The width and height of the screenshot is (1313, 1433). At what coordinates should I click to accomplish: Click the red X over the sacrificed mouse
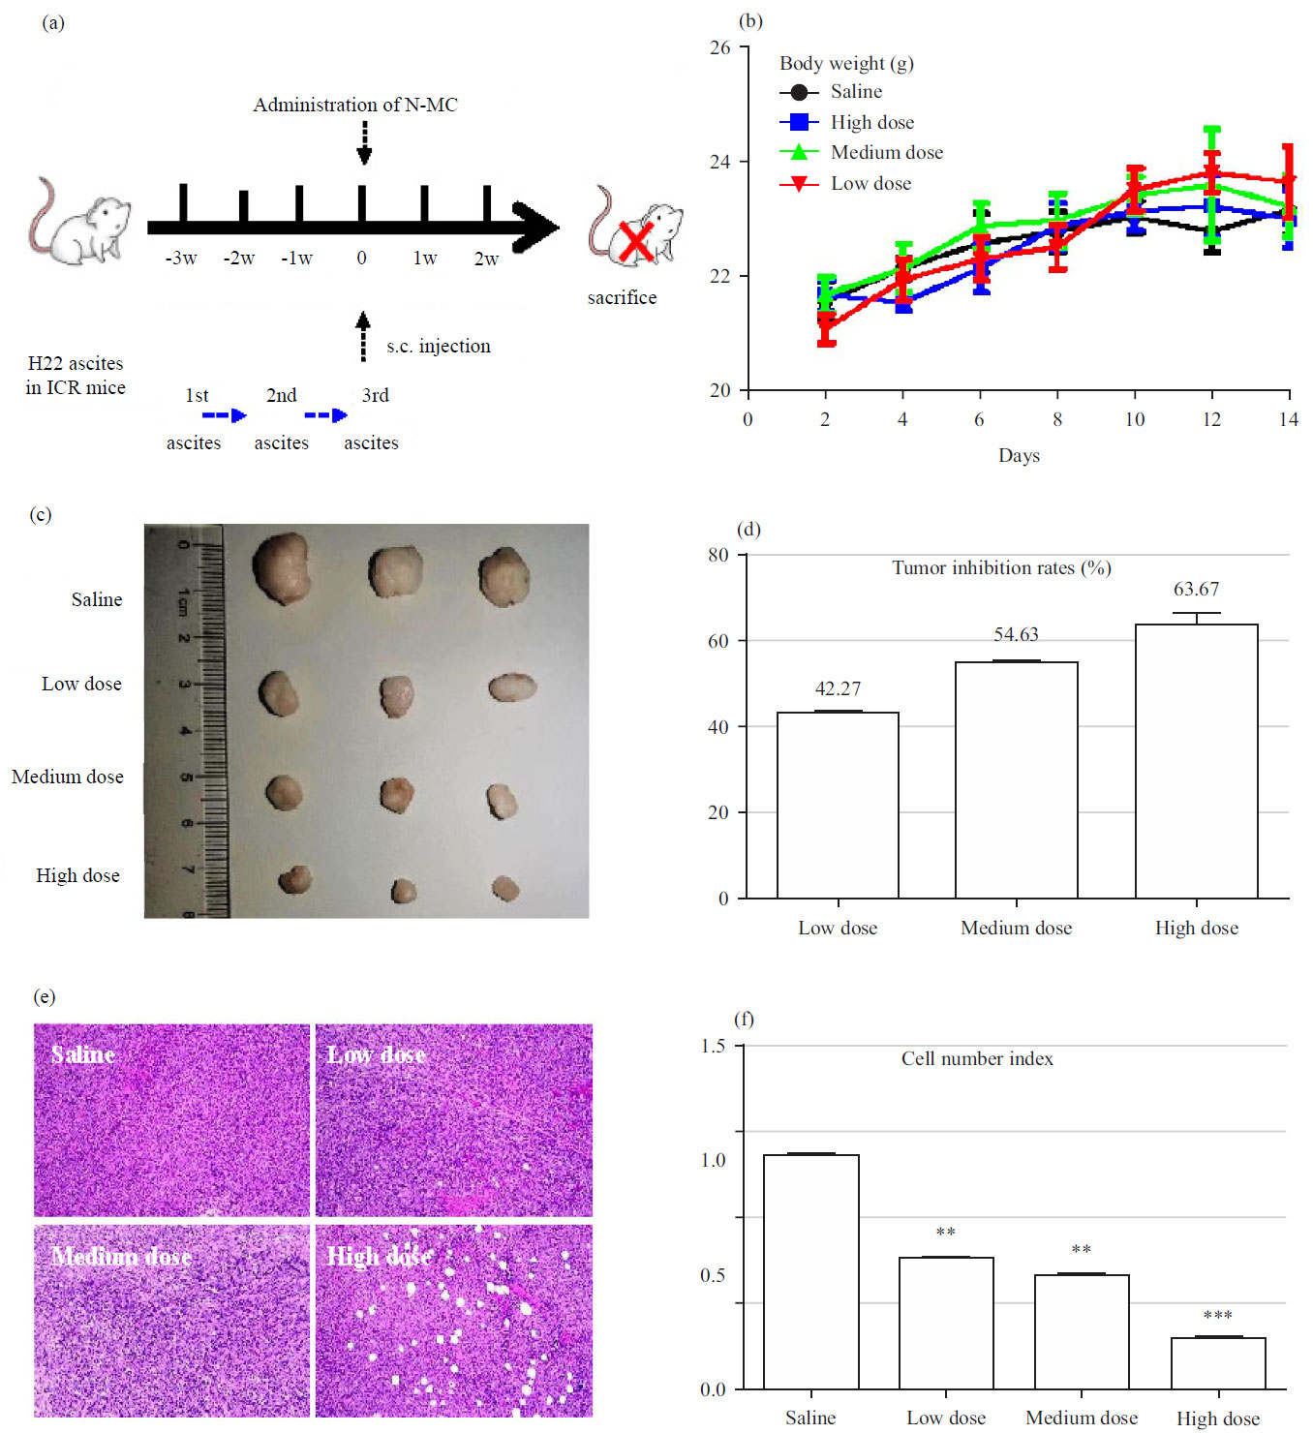(x=635, y=241)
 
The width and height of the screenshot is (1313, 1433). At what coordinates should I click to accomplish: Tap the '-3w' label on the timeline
(x=181, y=259)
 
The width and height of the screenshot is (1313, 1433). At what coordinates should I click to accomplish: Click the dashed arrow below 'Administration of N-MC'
(x=364, y=143)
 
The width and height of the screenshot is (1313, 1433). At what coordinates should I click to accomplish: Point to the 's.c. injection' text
(x=438, y=346)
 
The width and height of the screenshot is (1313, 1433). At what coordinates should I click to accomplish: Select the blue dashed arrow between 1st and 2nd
(x=225, y=415)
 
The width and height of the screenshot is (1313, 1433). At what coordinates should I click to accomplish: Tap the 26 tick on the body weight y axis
(x=719, y=47)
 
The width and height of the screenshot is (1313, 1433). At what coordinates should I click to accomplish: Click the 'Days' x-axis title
(x=1019, y=455)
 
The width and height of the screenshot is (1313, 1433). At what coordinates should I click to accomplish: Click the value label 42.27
(x=838, y=688)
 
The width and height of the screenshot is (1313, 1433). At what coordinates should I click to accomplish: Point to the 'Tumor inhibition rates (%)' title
(x=1001, y=568)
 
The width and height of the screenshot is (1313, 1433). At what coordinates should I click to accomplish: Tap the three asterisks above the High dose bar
(x=1217, y=1316)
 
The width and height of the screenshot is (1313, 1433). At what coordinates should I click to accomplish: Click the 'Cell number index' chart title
(x=977, y=1058)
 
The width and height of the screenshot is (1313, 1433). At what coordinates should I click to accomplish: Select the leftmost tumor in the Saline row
(x=281, y=568)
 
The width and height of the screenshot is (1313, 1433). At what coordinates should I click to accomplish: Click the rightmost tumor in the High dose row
(x=505, y=888)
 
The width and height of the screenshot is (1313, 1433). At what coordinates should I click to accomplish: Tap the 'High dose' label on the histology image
(x=379, y=1257)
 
